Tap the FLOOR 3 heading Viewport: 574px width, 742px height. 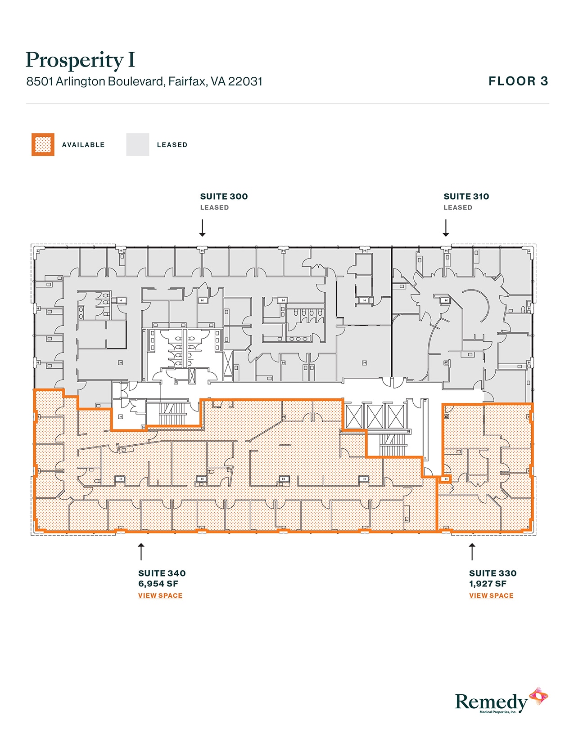(x=518, y=81)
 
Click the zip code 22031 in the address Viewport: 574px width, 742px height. (x=245, y=81)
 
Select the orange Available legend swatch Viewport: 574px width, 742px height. (x=43, y=145)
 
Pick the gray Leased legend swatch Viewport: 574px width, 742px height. (x=137, y=145)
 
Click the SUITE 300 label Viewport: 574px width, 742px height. (x=224, y=197)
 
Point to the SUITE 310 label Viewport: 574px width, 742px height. (x=466, y=197)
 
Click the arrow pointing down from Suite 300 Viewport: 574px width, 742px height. (x=203, y=228)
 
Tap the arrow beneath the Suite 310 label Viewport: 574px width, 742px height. (x=446, y=228)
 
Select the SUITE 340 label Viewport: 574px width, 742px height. (x=162, y=573)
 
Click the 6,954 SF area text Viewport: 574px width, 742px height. (x=158, y=584)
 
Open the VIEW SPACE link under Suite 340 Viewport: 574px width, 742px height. (x=160, y=595)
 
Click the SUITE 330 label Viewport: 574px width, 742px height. (x=493, y=573)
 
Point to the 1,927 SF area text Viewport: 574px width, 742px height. (x=488, y=584)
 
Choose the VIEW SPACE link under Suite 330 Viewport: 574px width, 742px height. (x=491, y=595)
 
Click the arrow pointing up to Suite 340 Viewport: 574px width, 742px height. (x=141, y=551)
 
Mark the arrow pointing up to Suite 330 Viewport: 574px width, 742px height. (x=472, y=551)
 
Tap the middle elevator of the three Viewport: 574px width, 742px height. (x=375, y=417)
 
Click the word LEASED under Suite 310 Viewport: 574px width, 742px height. (x=458, y=208)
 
